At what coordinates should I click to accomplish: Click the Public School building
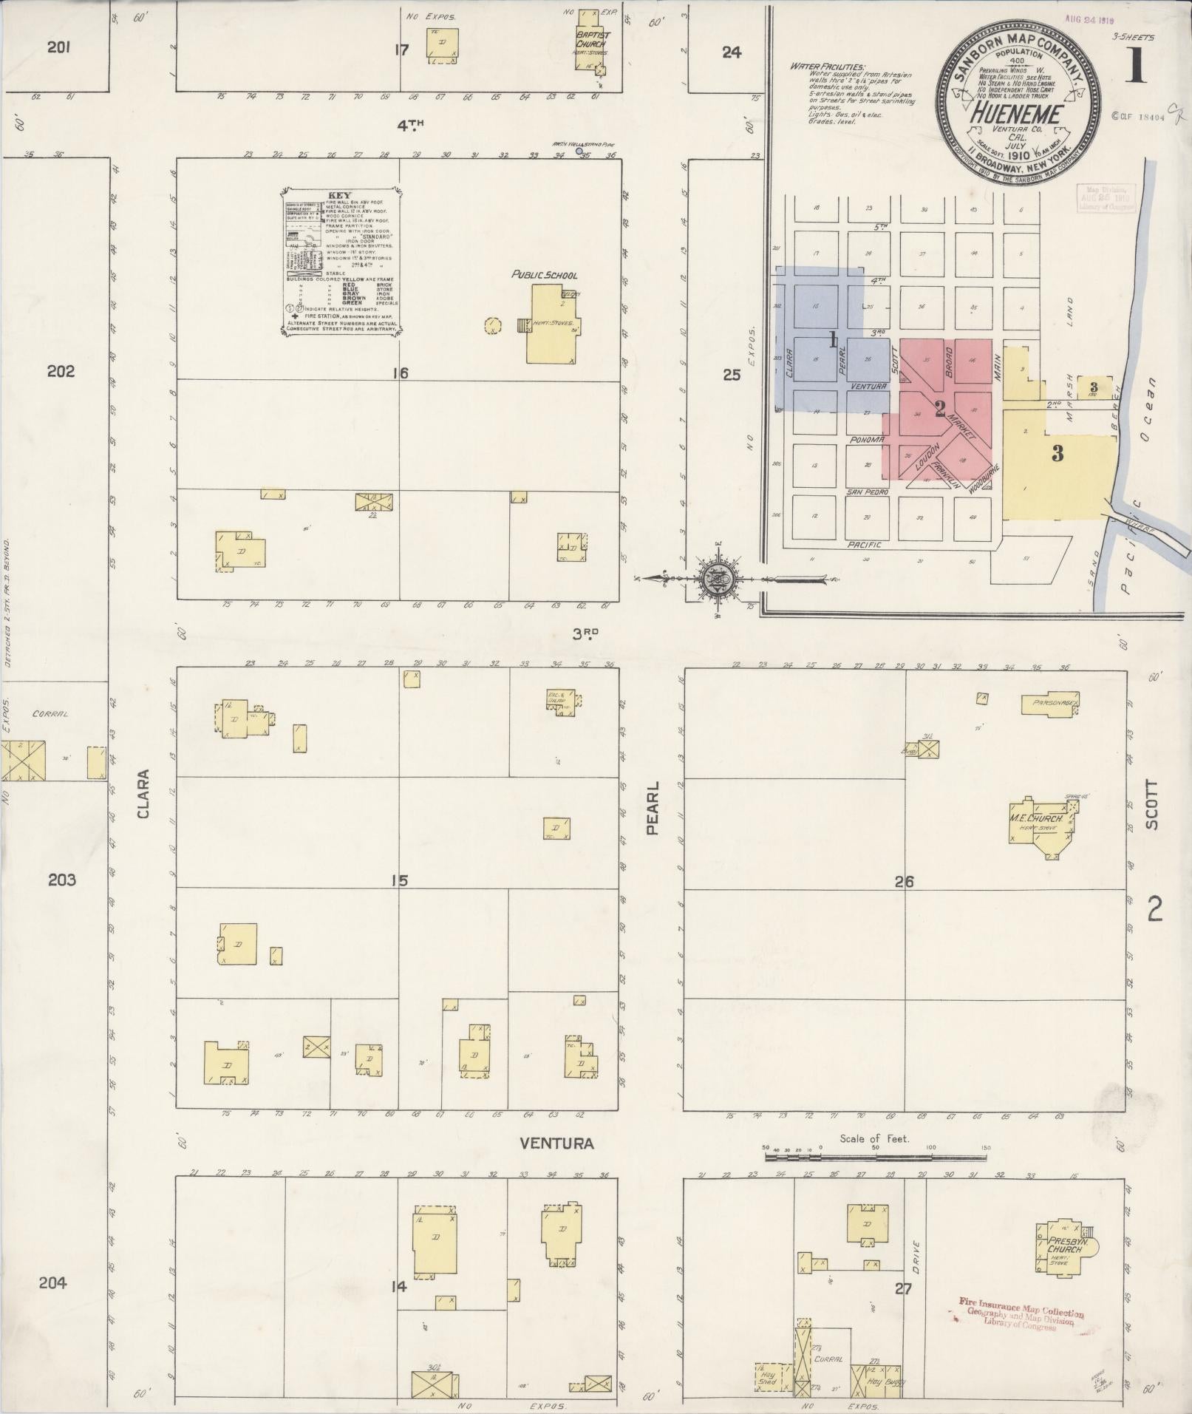551,325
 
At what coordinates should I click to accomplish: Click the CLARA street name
143,794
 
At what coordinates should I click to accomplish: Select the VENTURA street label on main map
556,1143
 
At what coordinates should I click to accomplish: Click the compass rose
716,579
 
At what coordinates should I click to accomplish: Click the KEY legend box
341,264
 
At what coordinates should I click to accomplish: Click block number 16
401,373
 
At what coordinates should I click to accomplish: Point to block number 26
904,881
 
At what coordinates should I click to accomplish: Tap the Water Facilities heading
827,67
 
